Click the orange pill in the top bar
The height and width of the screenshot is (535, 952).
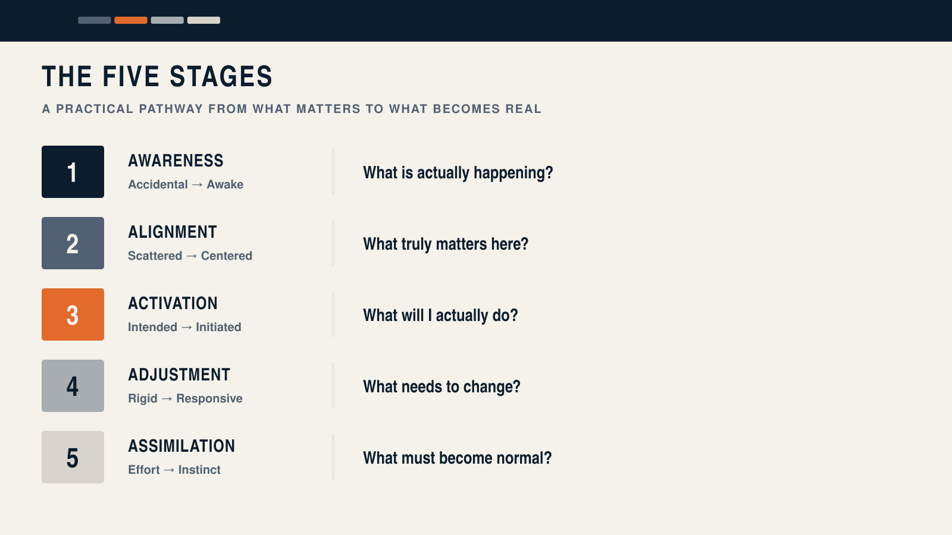coord(131,20)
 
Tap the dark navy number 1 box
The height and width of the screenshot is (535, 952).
coord(73,172)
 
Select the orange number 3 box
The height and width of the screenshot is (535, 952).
coord(73,314)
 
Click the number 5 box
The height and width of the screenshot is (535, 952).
coord(73,457)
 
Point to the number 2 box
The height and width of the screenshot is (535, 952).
coord(73,243)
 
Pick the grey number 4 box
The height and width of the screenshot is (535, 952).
coord(73,386)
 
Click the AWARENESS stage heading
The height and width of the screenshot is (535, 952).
coord(176,161)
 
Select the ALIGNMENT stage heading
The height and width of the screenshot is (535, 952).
coord(173,232)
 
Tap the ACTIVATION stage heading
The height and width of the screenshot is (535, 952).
coord(173,304)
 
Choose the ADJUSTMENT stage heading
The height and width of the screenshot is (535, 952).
coord(179,375)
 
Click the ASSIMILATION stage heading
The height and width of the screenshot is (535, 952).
coord(181,446)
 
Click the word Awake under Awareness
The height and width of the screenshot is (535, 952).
coord(225,184)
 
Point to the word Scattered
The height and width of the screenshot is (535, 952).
coord(155,256)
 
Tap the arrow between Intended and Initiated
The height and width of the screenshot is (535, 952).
coord(187,328)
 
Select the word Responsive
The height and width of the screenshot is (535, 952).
coord(209,399)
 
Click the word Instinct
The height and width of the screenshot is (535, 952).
coord(199,470)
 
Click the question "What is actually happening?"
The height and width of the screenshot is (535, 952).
coord(458,173)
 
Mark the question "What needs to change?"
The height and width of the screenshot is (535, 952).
coord(441,387)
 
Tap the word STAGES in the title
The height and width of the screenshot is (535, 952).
coord(221,77)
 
